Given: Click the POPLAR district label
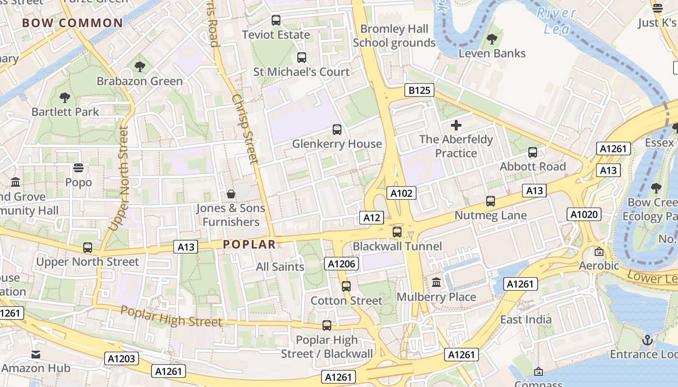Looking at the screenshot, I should tap(249, 244).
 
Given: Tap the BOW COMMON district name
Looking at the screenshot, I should tap(73, 23).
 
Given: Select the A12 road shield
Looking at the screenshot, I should tap(371, 218).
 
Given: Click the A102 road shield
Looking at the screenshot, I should tap(401, 193).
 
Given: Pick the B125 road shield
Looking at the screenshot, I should tap(419, 90).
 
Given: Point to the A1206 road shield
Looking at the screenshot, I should tap(342, 264).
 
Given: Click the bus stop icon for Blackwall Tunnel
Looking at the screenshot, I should tap(397, 232).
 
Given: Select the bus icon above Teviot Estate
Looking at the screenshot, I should tap(276, 20).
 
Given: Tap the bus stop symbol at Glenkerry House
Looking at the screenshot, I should tap(337, 130).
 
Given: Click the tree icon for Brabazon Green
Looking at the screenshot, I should tap(140, 67).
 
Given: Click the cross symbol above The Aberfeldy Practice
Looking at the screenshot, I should tap(456, 126).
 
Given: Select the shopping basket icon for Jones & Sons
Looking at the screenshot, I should tap(231, 194).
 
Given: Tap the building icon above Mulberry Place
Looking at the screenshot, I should tap(436, 283).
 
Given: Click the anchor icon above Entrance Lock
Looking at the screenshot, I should tap(647, 340).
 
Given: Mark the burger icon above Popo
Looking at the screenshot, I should tap(78, 168).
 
